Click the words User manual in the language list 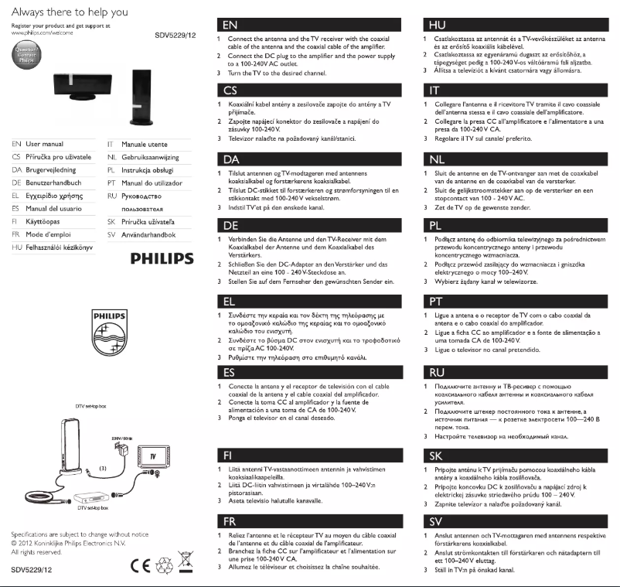[44, 144]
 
